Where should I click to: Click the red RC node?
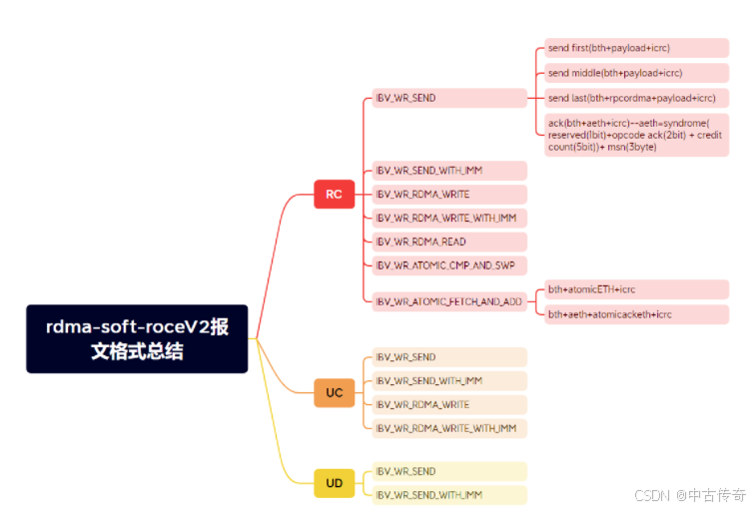[334, 195]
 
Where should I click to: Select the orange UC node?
[334, 392]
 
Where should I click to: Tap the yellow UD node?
[334, 484]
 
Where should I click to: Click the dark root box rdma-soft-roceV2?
[137, 338]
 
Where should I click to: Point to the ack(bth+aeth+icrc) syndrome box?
[636, 134]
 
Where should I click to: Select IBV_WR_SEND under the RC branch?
[448, 98]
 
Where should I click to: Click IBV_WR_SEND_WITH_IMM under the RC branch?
[448, 171]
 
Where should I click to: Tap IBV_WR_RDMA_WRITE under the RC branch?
[448, 195]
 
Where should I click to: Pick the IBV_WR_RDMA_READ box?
[448, 243]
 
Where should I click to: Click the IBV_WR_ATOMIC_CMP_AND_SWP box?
[448, 265]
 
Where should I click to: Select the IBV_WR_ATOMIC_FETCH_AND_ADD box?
[448, 301]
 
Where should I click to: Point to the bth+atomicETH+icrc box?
[636, 289]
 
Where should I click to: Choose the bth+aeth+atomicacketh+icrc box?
[636, 314]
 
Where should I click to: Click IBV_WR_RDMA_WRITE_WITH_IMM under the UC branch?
[448, 428]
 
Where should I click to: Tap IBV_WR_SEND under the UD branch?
[448, 471]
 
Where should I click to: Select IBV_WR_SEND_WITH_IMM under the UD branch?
[448, 495]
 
